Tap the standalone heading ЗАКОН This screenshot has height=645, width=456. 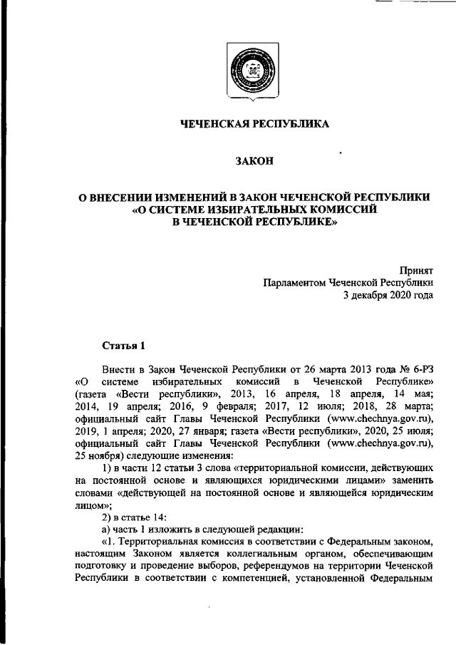point(254,162)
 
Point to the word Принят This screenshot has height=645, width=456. point(418,270)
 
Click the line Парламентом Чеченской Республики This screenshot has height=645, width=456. point(348,282)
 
